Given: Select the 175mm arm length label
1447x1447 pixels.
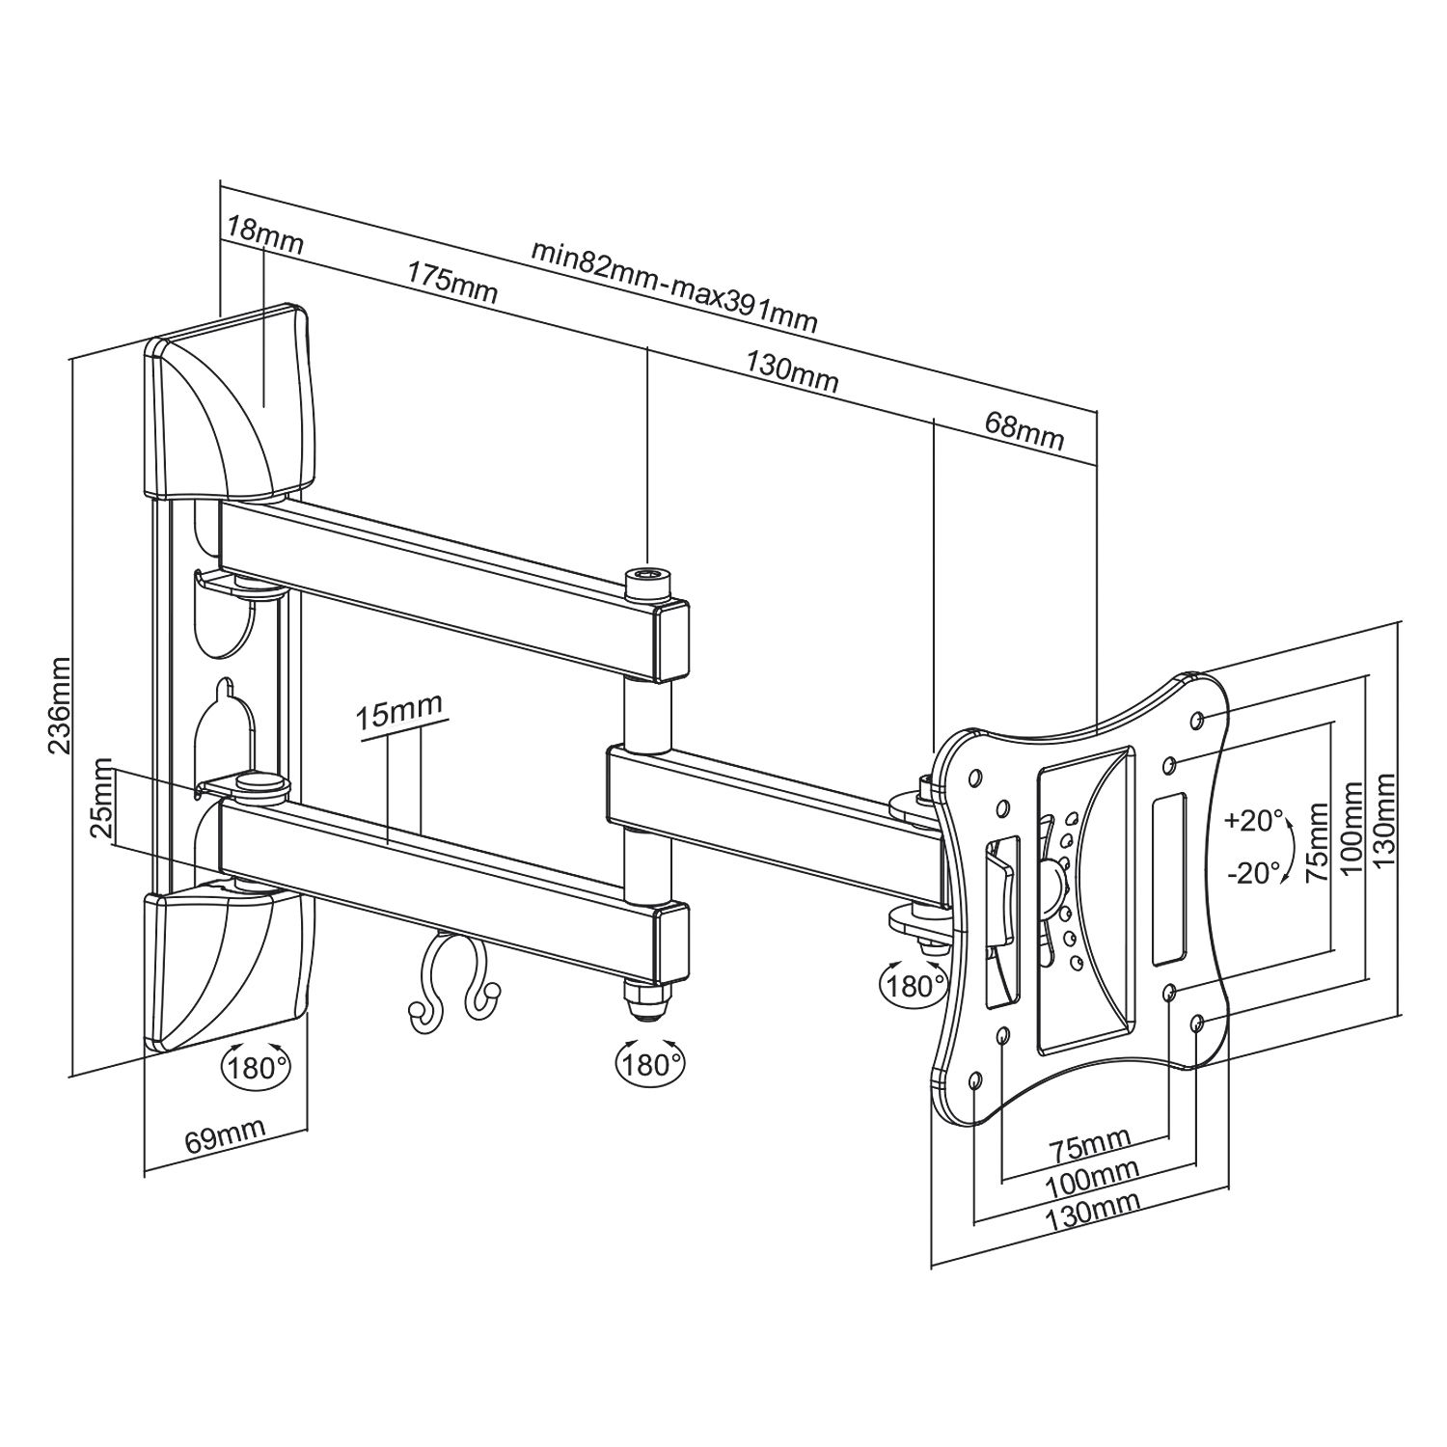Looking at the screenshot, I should (x=451, y=282).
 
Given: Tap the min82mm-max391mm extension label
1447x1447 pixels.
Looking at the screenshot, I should (x=674, y=286).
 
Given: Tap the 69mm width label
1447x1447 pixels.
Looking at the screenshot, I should (x=225, y=1138).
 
